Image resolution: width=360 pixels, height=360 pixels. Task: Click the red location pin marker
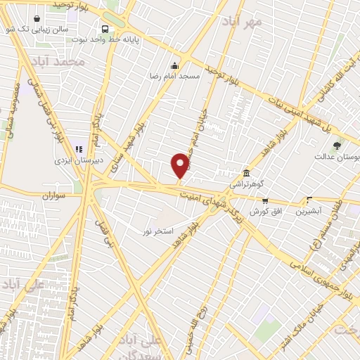[180, 166]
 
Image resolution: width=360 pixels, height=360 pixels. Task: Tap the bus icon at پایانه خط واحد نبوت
[105, 29]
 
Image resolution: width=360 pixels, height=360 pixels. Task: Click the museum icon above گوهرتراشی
[245, 173]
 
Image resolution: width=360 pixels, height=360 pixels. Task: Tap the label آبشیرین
[309, 210]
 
